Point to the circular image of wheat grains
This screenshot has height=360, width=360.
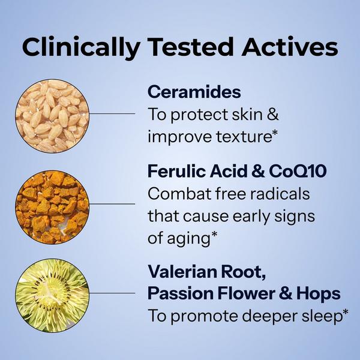51,114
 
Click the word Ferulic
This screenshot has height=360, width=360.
174,172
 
